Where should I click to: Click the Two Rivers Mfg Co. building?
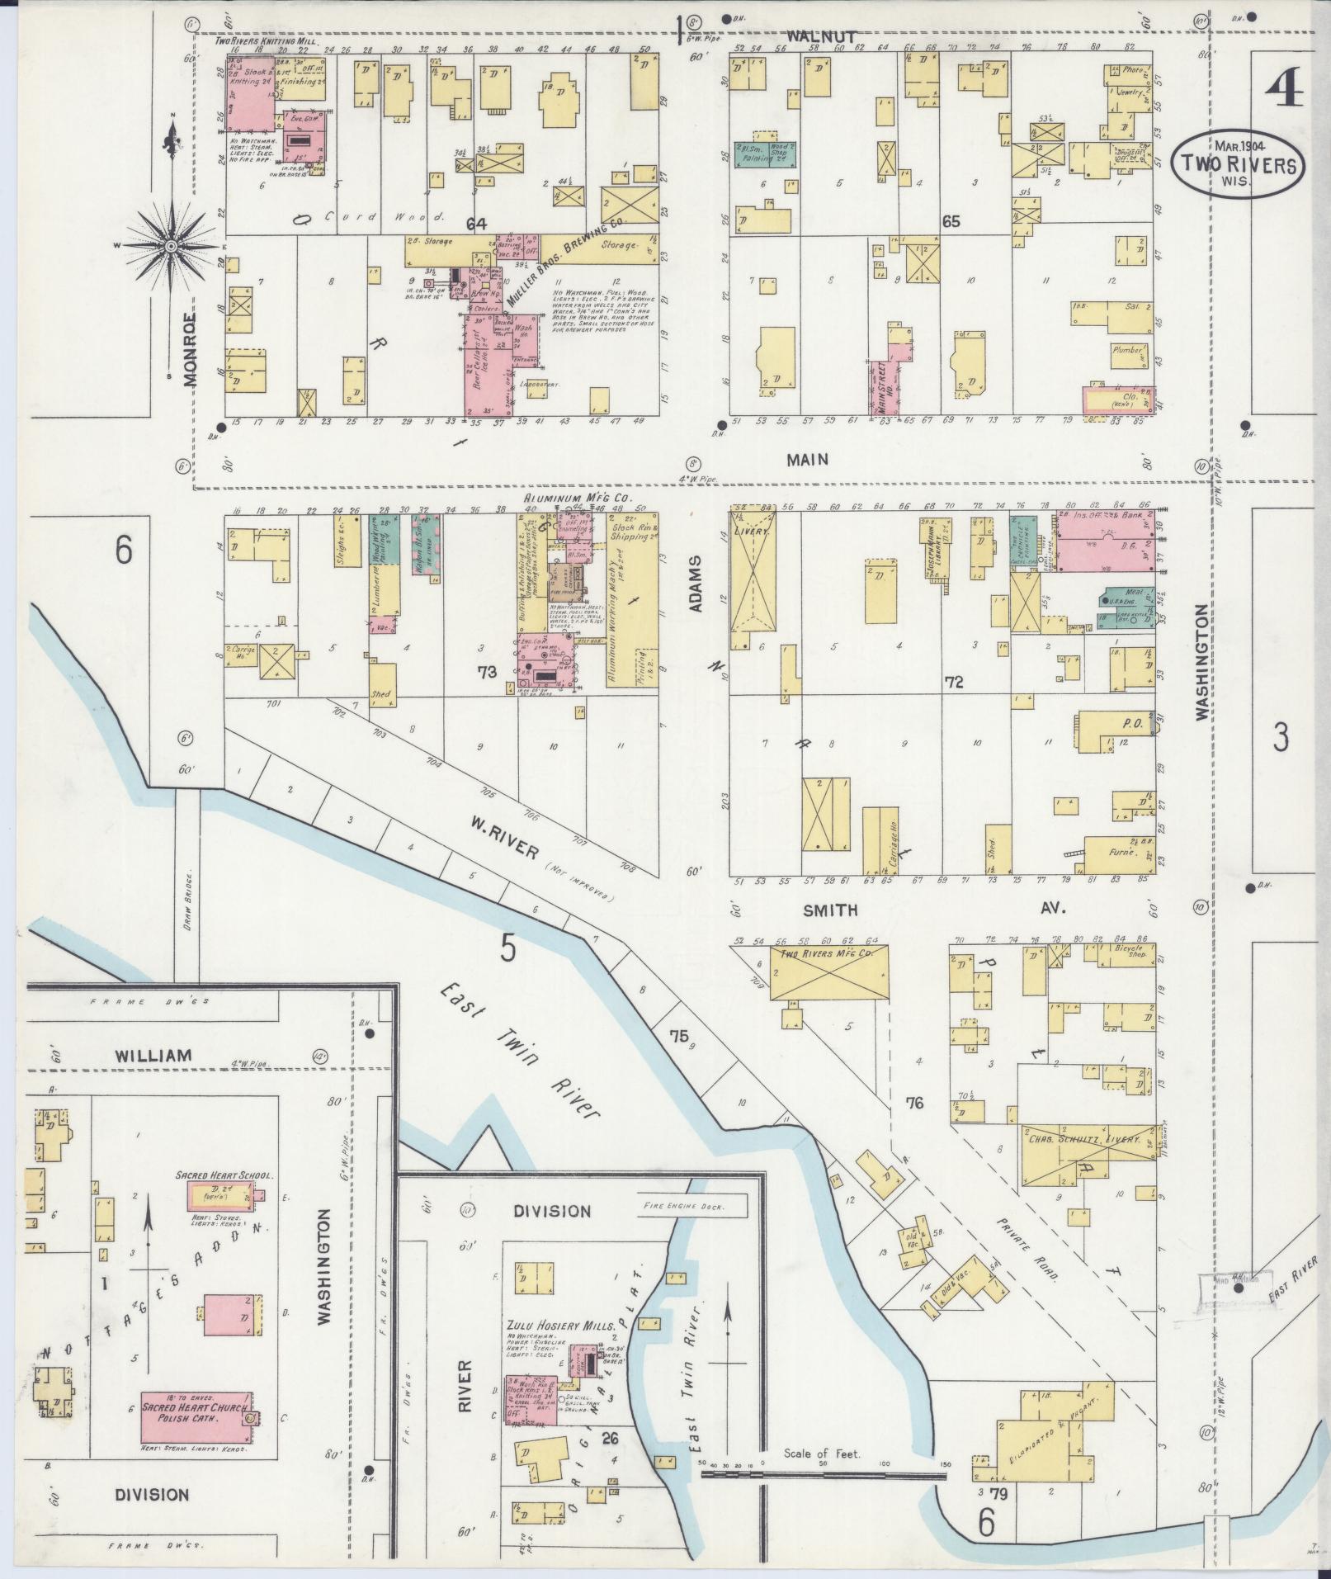click(830, 973)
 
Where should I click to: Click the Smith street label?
click(830, 910)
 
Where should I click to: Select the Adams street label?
click(695, 583)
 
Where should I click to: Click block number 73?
click(487, 672)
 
